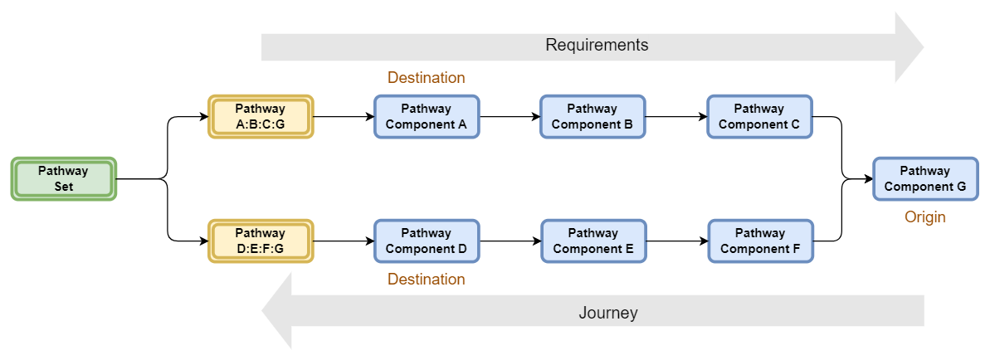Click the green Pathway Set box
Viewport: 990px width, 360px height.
[64, 178]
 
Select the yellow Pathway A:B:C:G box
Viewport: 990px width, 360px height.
[260, 116]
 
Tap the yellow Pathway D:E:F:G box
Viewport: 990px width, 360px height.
[260, 241]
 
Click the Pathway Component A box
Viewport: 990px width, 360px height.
[427, 116]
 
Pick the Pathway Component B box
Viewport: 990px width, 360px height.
[593, 116]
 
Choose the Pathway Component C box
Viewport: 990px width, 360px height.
[759, 116]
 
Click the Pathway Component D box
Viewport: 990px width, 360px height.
[427, 241]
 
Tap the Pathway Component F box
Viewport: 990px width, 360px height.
[759, 241]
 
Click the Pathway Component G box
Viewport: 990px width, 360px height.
[924, 178]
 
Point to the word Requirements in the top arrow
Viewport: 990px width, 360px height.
[596, 45]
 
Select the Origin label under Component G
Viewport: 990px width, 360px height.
[924, 217]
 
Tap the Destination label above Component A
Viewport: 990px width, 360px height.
[426, 77]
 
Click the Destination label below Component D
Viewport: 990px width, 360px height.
[426, 280]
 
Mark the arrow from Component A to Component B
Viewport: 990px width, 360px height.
[510, 117]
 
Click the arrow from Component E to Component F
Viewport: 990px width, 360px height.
[675, 241]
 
